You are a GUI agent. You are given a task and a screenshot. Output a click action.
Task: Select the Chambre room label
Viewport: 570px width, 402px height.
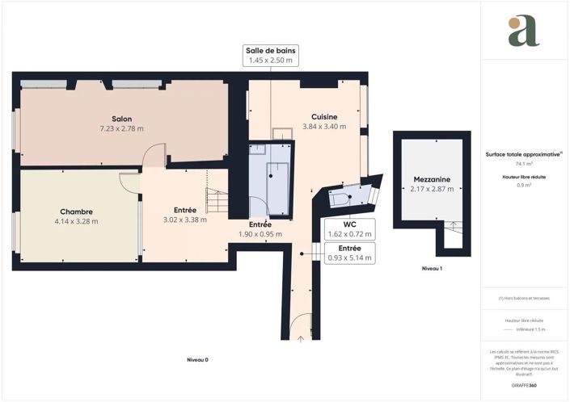[x=76, y=211]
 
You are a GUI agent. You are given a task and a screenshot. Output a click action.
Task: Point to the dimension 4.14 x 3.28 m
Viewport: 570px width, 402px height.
[x=76, y=221]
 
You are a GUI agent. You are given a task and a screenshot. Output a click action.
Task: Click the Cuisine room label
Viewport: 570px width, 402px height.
[x=324, y=116]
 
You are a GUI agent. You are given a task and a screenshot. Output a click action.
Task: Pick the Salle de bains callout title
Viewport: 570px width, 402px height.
[x=272, y=50]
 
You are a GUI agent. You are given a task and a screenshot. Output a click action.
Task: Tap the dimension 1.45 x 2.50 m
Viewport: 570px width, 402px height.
[x=272, y=61]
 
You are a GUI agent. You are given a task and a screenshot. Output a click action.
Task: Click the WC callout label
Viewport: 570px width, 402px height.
[x=349, y=224]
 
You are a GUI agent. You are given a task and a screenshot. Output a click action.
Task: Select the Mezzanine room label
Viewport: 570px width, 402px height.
[x=431, y=179]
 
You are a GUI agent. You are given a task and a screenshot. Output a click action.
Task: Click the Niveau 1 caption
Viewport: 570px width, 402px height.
[x=433, y=268]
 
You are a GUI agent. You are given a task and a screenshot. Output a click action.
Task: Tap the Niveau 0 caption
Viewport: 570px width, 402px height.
[x=197, y=359]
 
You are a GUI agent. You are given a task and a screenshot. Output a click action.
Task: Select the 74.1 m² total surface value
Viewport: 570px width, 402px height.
[x=523, y=163]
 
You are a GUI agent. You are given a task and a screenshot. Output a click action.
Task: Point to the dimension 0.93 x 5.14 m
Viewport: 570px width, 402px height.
[x=349, y=258]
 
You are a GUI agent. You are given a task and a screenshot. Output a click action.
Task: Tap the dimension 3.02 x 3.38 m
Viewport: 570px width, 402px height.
[x=185, y=220]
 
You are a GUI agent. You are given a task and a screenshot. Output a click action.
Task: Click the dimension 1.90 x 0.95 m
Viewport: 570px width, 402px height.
[x=260, y=234]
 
